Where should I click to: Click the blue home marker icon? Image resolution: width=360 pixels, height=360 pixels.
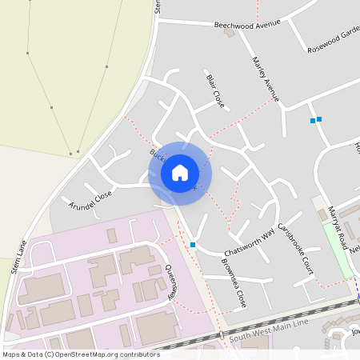(180, 172)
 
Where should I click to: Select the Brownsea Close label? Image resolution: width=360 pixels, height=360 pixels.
(234, 287)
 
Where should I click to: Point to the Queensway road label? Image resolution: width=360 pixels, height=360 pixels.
(170, 282)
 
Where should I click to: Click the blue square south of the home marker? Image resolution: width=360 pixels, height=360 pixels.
(193, 245)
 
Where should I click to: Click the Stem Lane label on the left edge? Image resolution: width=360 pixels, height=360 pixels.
(21, 256)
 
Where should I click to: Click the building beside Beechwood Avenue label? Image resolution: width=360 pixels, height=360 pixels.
(230, 34)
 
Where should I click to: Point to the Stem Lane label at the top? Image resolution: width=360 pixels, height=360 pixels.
(158, 6)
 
